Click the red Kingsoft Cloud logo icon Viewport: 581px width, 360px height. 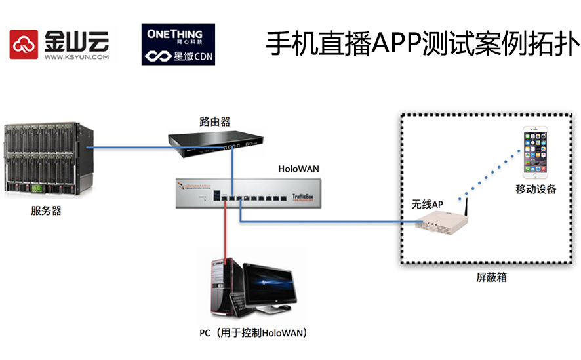tap(25, 45)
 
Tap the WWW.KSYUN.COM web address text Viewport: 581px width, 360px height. tap(76, 58)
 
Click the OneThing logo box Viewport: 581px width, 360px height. tap(178, 45)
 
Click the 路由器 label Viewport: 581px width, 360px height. tap(214, 121)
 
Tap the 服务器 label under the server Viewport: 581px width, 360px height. tap(46, 211)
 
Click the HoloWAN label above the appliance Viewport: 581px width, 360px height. tap(298, 169)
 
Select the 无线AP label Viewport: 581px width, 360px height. tap(428, 205)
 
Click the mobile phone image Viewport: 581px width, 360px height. tap(536, 153)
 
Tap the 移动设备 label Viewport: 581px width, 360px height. tap(536, 190)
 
